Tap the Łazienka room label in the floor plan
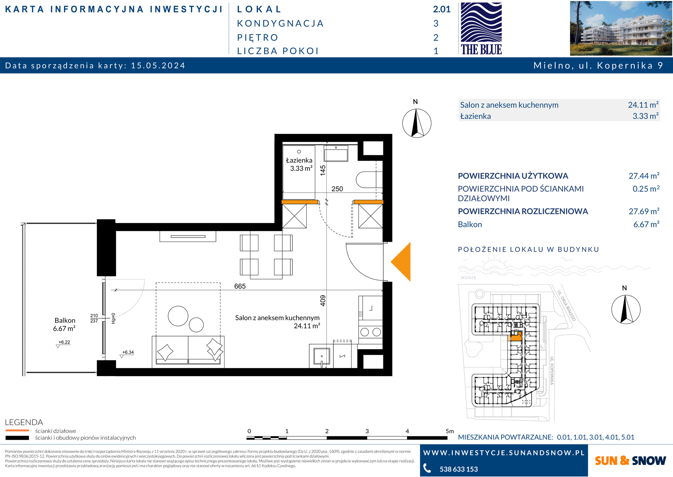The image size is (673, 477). (x=299, y=164)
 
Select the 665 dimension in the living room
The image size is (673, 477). (x=240, y=286)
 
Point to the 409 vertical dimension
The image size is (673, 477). (x=323, y=300)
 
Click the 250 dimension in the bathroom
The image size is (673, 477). (x=337, y=189)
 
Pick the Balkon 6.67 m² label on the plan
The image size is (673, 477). (x=65, y=324)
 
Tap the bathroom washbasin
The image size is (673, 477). (x=336, y=153)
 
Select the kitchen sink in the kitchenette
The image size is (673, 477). (x=322, y=357)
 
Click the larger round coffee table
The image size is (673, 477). (x=178, y=316)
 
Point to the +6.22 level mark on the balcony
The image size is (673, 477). (x=64, y=343)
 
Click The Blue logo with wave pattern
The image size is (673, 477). (x=481, y=28)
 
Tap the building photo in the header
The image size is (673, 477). (x=621, y=28)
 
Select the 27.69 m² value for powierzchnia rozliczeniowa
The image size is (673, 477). (x=644, y=211)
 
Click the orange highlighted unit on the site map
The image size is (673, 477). (x=515, y=336)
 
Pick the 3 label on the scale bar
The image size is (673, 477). (x=367, y=431)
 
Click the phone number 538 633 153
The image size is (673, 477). (x=459, y=469)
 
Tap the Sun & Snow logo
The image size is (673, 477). (x=630, y=461)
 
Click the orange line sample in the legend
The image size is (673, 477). (x=17, y=431)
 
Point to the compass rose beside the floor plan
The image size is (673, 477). (x=417, y=123)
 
